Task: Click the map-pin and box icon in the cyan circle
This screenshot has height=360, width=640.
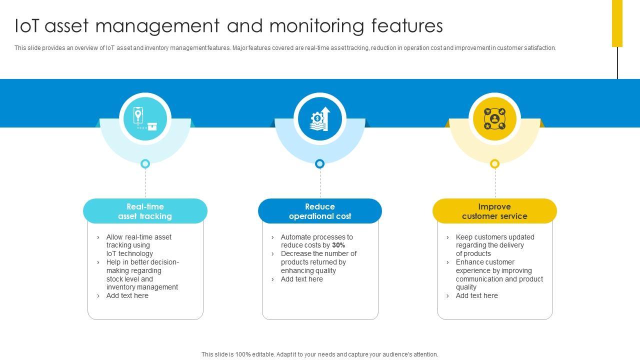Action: click(145, 119)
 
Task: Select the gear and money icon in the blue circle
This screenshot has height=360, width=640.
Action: click(320, 119)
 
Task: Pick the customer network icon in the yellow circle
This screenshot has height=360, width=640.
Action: click(494, 119)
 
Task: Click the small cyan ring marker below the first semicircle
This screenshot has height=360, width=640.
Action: click(145, 163)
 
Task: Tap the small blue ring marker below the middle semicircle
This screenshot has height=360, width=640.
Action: click(320, 163)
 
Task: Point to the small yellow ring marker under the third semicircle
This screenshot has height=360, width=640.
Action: click(494, 163)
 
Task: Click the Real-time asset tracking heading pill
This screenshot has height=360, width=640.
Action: click(145, 211)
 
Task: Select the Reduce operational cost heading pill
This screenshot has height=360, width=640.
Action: click(320, 211)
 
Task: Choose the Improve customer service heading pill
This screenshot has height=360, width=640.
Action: click(494, 211)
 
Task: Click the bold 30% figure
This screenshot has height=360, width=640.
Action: click(338, 245)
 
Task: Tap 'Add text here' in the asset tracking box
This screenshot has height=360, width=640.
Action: click(127, 296)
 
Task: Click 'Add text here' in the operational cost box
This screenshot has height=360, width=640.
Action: click(301, 279)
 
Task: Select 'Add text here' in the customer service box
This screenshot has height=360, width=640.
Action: click(476, 296)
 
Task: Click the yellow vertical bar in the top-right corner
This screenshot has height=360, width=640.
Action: click(617, 23)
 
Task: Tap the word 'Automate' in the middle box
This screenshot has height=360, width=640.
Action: click(296, 237)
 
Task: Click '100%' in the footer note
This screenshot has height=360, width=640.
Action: click(242, 354)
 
